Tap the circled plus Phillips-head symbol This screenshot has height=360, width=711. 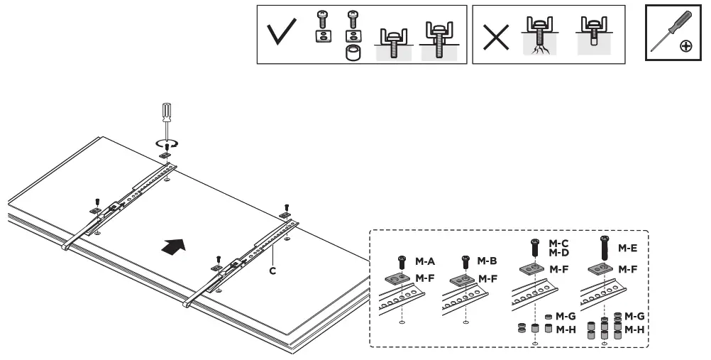pos(686,46)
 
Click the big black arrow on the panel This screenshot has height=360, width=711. pos(175,247)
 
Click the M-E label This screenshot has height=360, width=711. pos(626,248)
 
